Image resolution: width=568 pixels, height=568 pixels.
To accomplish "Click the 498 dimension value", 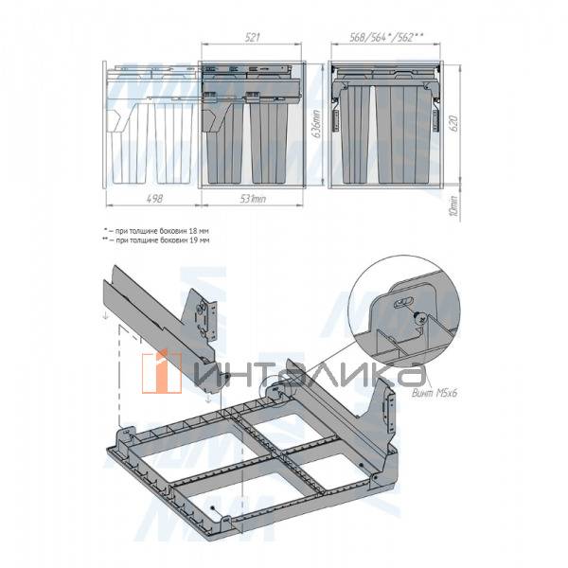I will [x=150, y=200].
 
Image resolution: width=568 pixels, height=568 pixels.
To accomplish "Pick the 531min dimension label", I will [x=255, y=200].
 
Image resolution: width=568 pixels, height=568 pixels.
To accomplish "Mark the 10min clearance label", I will [x=454, y=203].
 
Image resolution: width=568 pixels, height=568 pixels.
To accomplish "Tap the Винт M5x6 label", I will [x=437, y=392].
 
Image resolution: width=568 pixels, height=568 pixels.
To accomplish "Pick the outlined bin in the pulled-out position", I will [x=151, y=142].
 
